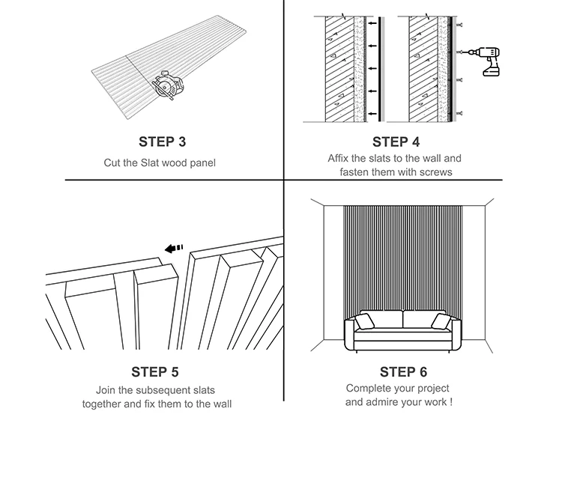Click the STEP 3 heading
pos(162,141)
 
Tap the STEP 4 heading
pos(395,142)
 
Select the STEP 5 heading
pos(155,372)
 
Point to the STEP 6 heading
pos(403,372)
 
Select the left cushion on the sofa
pos(365,322)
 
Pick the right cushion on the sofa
pos(441,322)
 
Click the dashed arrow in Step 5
pos(175,249)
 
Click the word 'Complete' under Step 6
pos(368,389)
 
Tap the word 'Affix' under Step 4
pos(340,159)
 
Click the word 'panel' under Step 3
pos(201,162)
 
